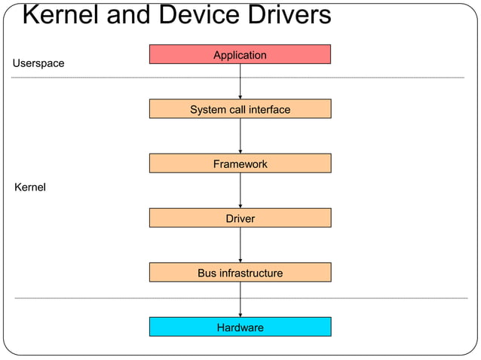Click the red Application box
click(x=240, y=54)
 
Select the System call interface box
click(x=240, y=109)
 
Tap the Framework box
click(x=240, y=163)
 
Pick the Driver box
click(x=240, y=218)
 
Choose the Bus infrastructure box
click(x=240, y=272)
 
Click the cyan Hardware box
click(x=240, y=327)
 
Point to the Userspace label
click(x=38, y=63)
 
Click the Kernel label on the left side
click(x=30, y=187)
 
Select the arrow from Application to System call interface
click(x=240, y=81)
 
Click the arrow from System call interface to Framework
click(x=240, y=136)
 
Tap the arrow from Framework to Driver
click(x=240, y=191)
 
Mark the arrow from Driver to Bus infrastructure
click(x=240, y=245)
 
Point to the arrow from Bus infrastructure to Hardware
click(x=240, y=300)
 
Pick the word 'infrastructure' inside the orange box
click(x=251, y=273)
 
